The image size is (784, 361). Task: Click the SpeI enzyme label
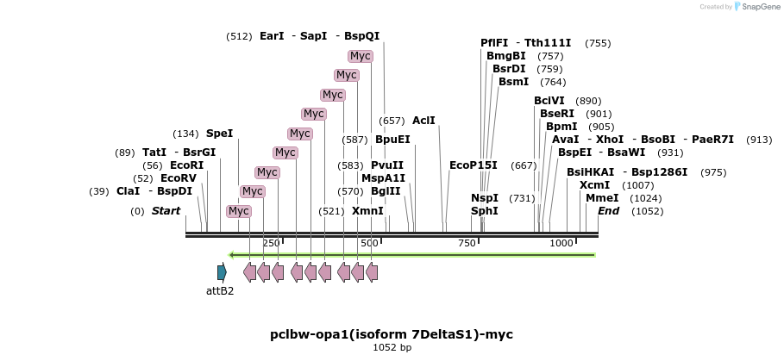coord(219,134)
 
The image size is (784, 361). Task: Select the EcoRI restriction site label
coord(186,165)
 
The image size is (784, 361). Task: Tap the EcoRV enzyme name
coord(179,178)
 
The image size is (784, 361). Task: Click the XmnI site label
coord(367,211)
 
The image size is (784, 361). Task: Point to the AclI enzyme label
coord(423,121)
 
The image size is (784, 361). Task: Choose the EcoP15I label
coord(474,165)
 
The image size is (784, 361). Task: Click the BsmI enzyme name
coord(513,82)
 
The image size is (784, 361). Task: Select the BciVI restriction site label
coord(549,101)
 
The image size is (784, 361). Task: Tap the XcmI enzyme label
coord(594,185)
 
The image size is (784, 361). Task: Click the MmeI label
coord(601,198)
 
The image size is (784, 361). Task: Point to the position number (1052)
coord(647,211)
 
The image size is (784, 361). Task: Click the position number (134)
coord(185,134)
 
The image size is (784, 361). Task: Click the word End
coord(608,211)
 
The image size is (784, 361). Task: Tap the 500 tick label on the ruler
coord(369,244)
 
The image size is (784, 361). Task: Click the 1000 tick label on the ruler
coord(561,244)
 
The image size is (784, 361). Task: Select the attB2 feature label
coord(220,291)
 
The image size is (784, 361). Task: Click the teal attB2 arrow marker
coord(222,272)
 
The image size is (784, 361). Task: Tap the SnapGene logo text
coord(757,7)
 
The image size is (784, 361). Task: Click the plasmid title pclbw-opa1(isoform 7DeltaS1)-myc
coord(392,334)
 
